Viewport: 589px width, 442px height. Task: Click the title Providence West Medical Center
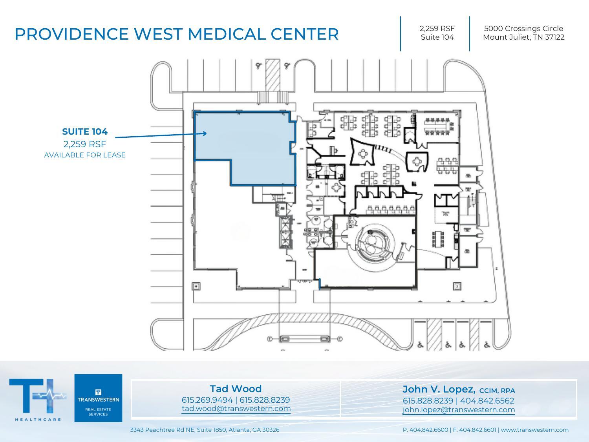(176, 34)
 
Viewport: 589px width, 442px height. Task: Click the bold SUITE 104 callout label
(85, 132)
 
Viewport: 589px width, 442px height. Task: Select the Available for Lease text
(85, 155)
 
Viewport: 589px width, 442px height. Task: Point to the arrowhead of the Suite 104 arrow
(205, 133)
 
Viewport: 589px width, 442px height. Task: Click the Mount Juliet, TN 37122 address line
(523, 37)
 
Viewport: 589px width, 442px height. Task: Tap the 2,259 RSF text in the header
(437, 28)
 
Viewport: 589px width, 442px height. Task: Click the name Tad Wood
(236, 389)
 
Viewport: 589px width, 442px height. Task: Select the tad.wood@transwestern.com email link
(236, 409)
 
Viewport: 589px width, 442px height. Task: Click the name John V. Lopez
(439, 389)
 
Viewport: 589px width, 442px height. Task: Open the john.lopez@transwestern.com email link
(459, 410)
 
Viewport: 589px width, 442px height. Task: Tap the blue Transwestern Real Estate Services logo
(98, 398)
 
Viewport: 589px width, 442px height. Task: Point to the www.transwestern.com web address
(535, 430)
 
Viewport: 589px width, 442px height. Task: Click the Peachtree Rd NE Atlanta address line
(205, 430)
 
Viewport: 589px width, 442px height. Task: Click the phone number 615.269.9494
(207, 400)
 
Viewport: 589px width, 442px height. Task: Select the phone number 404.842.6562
(487, 401)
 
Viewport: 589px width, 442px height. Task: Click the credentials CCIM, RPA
(497, 391)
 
